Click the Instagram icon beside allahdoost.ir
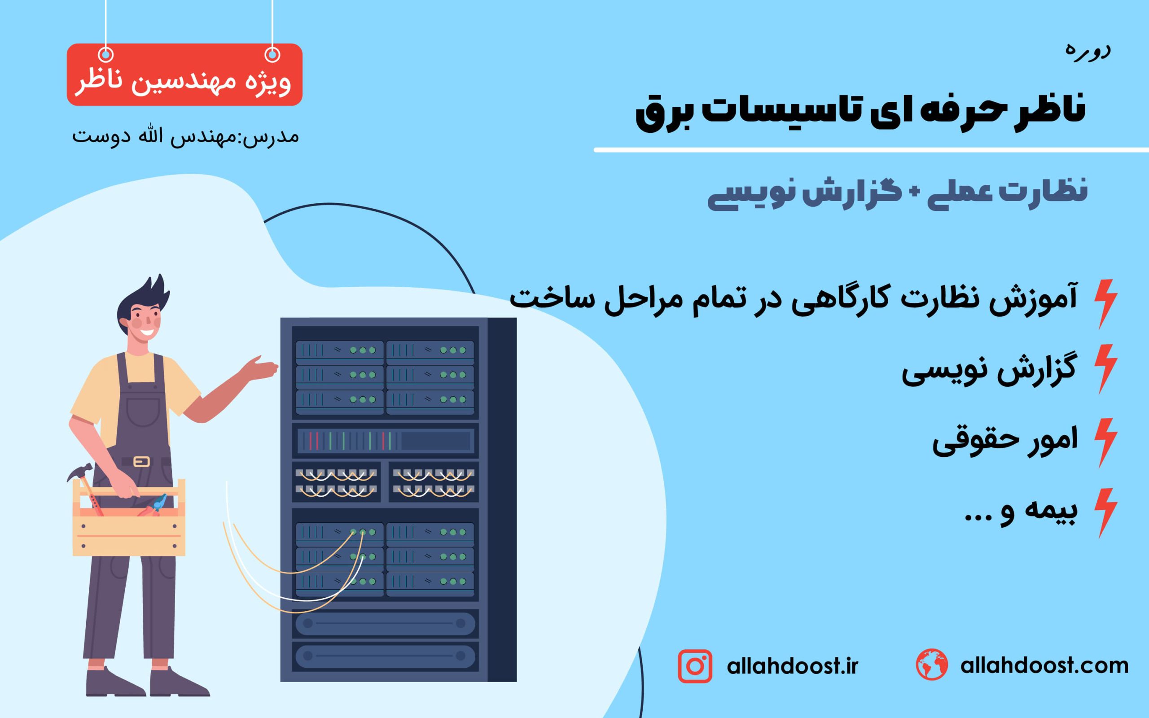point(695,666)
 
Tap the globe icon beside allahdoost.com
point(932,664)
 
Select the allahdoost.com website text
point(1044,665)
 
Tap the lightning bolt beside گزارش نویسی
point(1106,369)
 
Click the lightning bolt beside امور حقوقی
point(1106,443)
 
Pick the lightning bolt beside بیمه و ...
point(1106,513)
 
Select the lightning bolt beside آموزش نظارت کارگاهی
point(1106,304)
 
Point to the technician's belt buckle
point(141,461)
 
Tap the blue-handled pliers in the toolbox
point(154,506)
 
